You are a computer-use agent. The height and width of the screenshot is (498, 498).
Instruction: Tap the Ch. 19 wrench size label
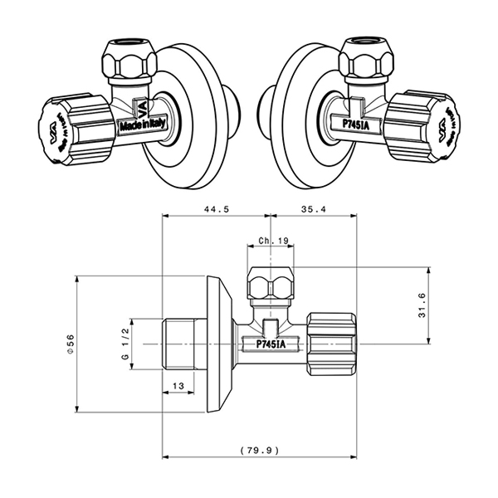[272, 241]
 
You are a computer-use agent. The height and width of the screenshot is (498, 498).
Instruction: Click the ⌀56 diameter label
[71, 343]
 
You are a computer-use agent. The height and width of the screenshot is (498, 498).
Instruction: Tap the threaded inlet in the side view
[178, 343]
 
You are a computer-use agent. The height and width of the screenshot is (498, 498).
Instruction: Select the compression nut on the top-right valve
[366, 62]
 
